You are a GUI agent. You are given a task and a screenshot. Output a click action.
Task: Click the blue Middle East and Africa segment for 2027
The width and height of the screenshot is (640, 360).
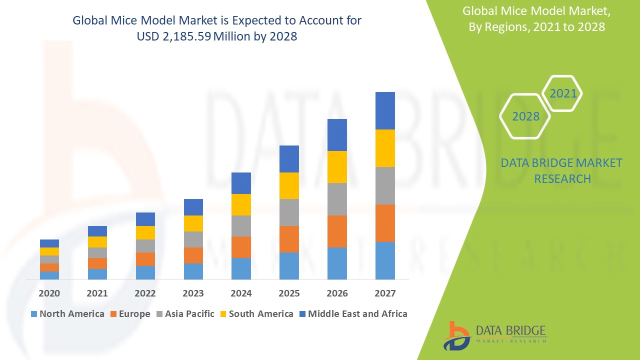[385, 110]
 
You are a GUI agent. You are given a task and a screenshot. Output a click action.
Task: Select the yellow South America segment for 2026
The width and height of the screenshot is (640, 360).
[337, 167]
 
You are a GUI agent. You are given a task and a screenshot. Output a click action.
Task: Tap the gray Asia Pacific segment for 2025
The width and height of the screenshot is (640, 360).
[289, 212]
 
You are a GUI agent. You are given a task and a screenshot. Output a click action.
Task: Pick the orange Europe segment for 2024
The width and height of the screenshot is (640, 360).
[241, 247]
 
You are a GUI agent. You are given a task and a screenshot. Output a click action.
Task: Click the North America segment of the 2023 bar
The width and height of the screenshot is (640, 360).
[193, 271]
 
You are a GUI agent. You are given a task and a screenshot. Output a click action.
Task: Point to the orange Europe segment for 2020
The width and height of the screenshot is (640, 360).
[49, 267]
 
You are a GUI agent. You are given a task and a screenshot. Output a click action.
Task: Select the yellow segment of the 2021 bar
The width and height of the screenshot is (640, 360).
[97, 242]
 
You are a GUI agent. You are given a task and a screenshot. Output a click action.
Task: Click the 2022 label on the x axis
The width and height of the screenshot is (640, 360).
[145, 293]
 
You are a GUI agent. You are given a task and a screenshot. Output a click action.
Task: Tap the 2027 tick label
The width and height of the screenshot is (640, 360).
[385, 293]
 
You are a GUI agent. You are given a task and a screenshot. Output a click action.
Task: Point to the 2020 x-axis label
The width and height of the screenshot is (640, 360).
[49, 293]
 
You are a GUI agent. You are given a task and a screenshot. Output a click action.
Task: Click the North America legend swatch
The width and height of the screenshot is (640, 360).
[34, 314]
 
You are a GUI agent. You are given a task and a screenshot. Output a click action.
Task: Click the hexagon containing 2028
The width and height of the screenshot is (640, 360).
[525, 116]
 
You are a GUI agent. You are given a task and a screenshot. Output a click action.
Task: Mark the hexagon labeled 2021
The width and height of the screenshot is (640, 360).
[562, 93]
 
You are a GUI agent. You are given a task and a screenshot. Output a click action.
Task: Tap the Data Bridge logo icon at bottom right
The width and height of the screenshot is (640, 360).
[456, 335]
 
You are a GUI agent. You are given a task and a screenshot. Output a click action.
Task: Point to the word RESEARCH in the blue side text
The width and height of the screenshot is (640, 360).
[562, 178]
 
